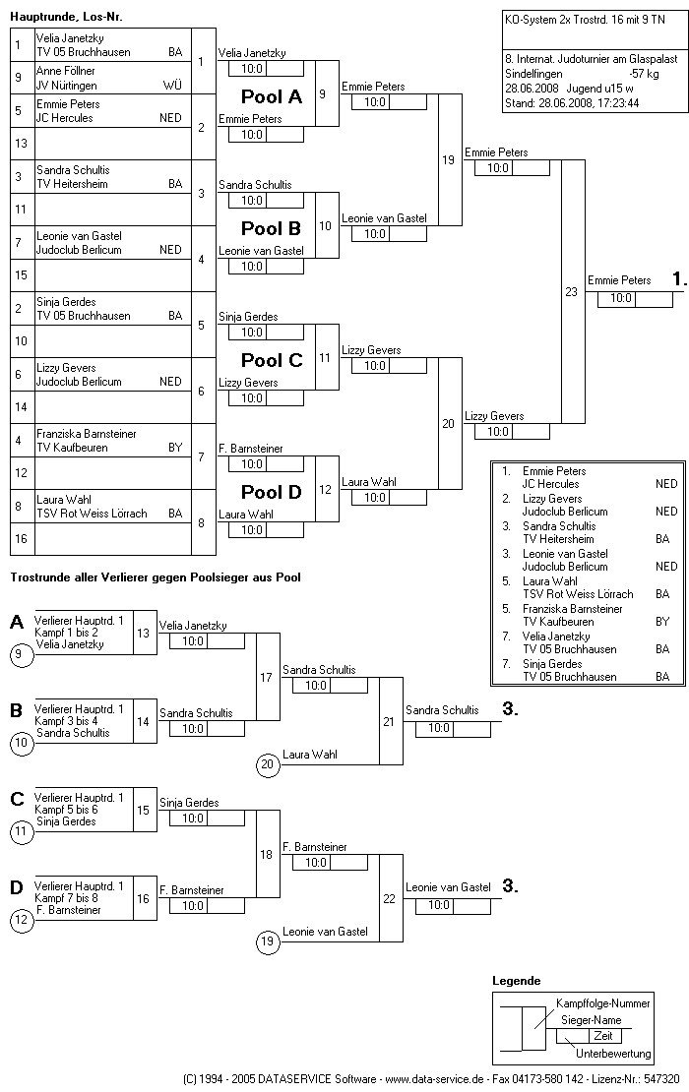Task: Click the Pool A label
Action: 272,96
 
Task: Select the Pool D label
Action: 272,492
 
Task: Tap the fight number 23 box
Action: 571,291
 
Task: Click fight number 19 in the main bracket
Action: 448,159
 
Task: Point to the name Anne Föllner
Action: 66,72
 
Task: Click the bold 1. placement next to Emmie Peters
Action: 679,280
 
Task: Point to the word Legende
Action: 516,981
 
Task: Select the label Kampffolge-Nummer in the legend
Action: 603,1002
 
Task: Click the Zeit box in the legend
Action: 602,1036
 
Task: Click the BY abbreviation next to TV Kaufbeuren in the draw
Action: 175,448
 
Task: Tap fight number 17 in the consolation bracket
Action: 266,677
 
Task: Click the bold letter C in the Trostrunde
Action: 17,799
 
